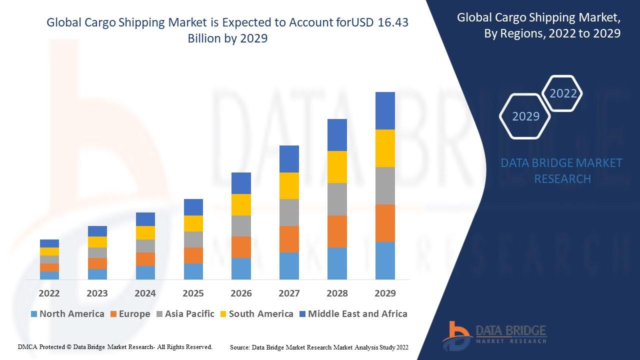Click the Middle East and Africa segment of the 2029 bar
(385, 110)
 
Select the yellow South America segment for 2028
(337, 166)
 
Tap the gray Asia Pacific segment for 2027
(289, 212)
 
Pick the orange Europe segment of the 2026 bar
(241, 247)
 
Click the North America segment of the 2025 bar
(193, 271)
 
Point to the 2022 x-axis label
(49, 293)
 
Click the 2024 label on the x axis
(145, 293)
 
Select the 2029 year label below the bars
(385, 293)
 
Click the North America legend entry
(67, 314)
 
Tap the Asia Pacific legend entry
(185, 314)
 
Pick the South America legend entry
(256, 314)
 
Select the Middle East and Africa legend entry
(353, 314)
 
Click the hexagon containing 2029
(525, 116)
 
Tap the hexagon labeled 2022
(563, 93)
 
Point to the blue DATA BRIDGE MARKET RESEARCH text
(562, 170)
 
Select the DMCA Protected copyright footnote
(115, 346)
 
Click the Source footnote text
(319, 347)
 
